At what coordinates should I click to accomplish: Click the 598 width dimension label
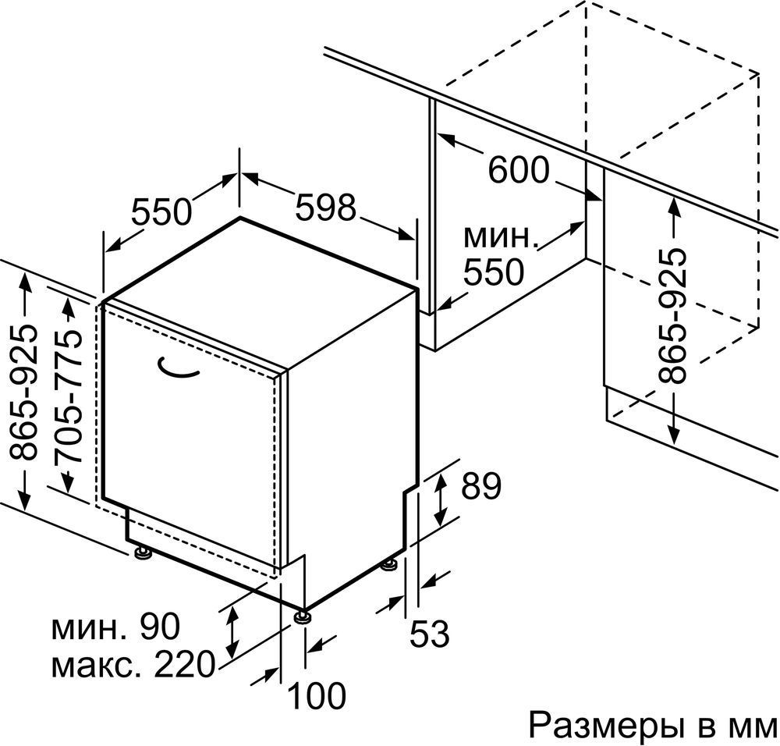tap(326, 208)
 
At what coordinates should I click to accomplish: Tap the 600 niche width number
tap(519, 170)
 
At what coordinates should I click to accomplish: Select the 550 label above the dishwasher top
tap(161, 211)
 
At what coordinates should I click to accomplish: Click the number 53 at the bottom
tap(431, 634)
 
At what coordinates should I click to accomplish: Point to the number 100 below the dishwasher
tap(317, 695)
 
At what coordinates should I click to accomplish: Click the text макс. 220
tap(133, 666)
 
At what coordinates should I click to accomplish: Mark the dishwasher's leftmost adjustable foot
tap(142, 553)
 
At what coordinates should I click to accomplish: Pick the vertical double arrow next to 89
tap(441, 499)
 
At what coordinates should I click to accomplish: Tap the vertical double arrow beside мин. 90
tap(232, 632)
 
